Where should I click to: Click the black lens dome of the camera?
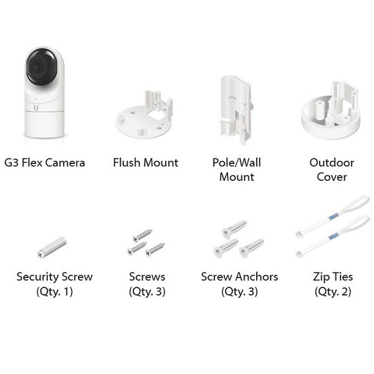[x=42, y=67]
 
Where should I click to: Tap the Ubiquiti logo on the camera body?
[x=36, y=108]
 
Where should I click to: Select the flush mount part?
[x=144, y=115]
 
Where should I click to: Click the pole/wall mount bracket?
[x=236, y=110]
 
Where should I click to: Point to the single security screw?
[x=52, y=247]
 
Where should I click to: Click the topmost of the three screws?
[x=143, y=235]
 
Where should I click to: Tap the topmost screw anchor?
[x=234, y=229]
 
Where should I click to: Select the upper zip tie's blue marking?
[x=333, y=216]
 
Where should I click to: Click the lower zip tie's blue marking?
[x=333, y=236]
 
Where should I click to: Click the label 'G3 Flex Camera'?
[x=45, y=163]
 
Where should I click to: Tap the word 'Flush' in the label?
[x=127, y=163]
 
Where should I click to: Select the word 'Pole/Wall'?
[x=237, y=163]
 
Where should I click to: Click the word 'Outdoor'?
[x=332, y=163]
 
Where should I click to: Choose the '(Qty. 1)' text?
[x=55, y=292]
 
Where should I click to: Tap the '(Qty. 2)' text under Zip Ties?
[x=333, y=292]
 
